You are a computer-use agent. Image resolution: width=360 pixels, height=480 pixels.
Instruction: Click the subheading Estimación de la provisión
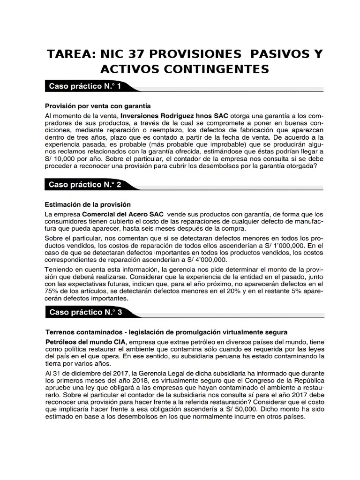click(88, 204)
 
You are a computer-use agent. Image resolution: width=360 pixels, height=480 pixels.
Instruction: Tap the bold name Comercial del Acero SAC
click(124, 214)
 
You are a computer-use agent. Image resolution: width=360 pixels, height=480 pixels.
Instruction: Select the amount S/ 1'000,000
click(270, 245)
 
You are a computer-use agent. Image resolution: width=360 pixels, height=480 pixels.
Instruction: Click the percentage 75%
click(52, 291)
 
